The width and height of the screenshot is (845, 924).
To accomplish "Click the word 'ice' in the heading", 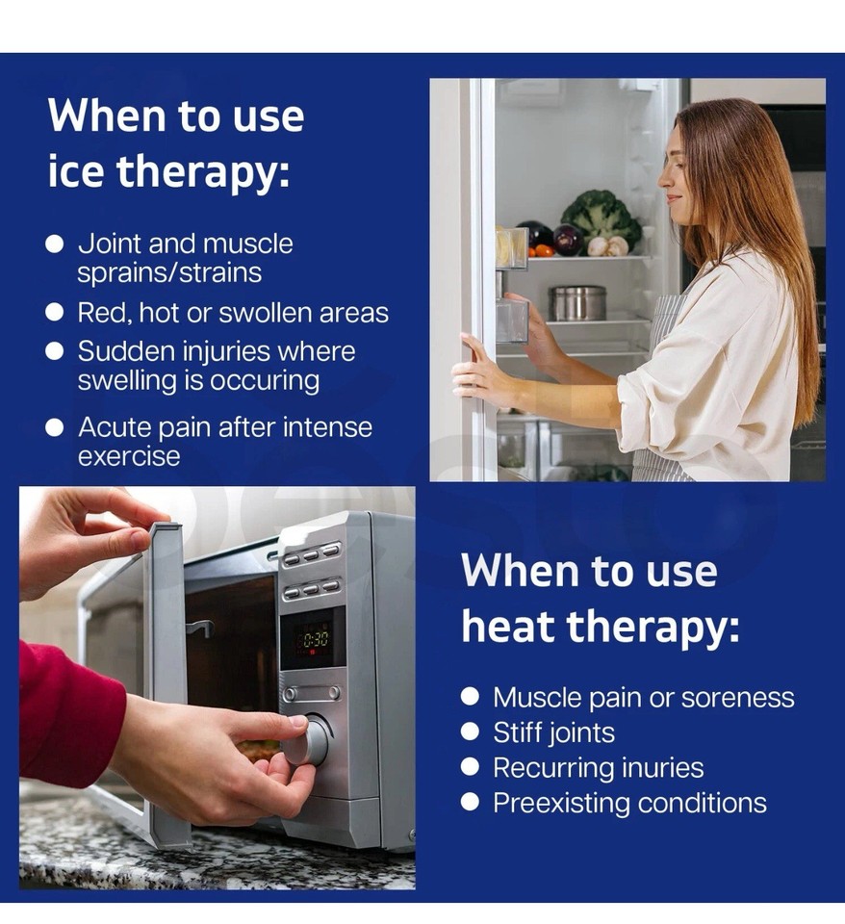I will click(75, 172).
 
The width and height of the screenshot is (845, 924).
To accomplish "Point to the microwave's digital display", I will click(312, 637).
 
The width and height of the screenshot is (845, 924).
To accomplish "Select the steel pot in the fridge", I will click(577, 302).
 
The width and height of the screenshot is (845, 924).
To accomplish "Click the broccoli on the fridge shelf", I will click(602, 218).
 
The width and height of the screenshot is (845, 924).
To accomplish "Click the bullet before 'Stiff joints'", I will click(470, 731).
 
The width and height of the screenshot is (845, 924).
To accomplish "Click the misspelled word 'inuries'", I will click(656, 768).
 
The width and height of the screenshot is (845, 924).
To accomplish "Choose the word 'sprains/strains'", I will click(170, 272).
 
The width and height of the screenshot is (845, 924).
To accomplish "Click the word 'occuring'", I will click(263, 380).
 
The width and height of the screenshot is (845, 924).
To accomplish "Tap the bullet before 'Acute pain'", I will click(55, 426).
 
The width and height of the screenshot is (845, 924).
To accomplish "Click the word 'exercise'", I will click(129, 455).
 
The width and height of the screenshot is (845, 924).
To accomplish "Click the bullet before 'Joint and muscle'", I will click(55, 244).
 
